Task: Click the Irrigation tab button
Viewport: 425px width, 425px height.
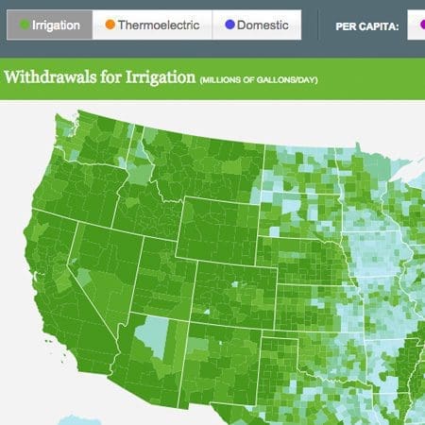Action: (x=49, y=25)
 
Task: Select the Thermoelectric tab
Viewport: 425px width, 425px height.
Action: (x=152, y=25)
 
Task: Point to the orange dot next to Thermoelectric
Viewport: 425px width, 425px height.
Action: (x=110, y=25)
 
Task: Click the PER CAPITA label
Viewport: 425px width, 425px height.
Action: (x=362, y=25)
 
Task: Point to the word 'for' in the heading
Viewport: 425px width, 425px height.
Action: (x=107, y=77)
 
